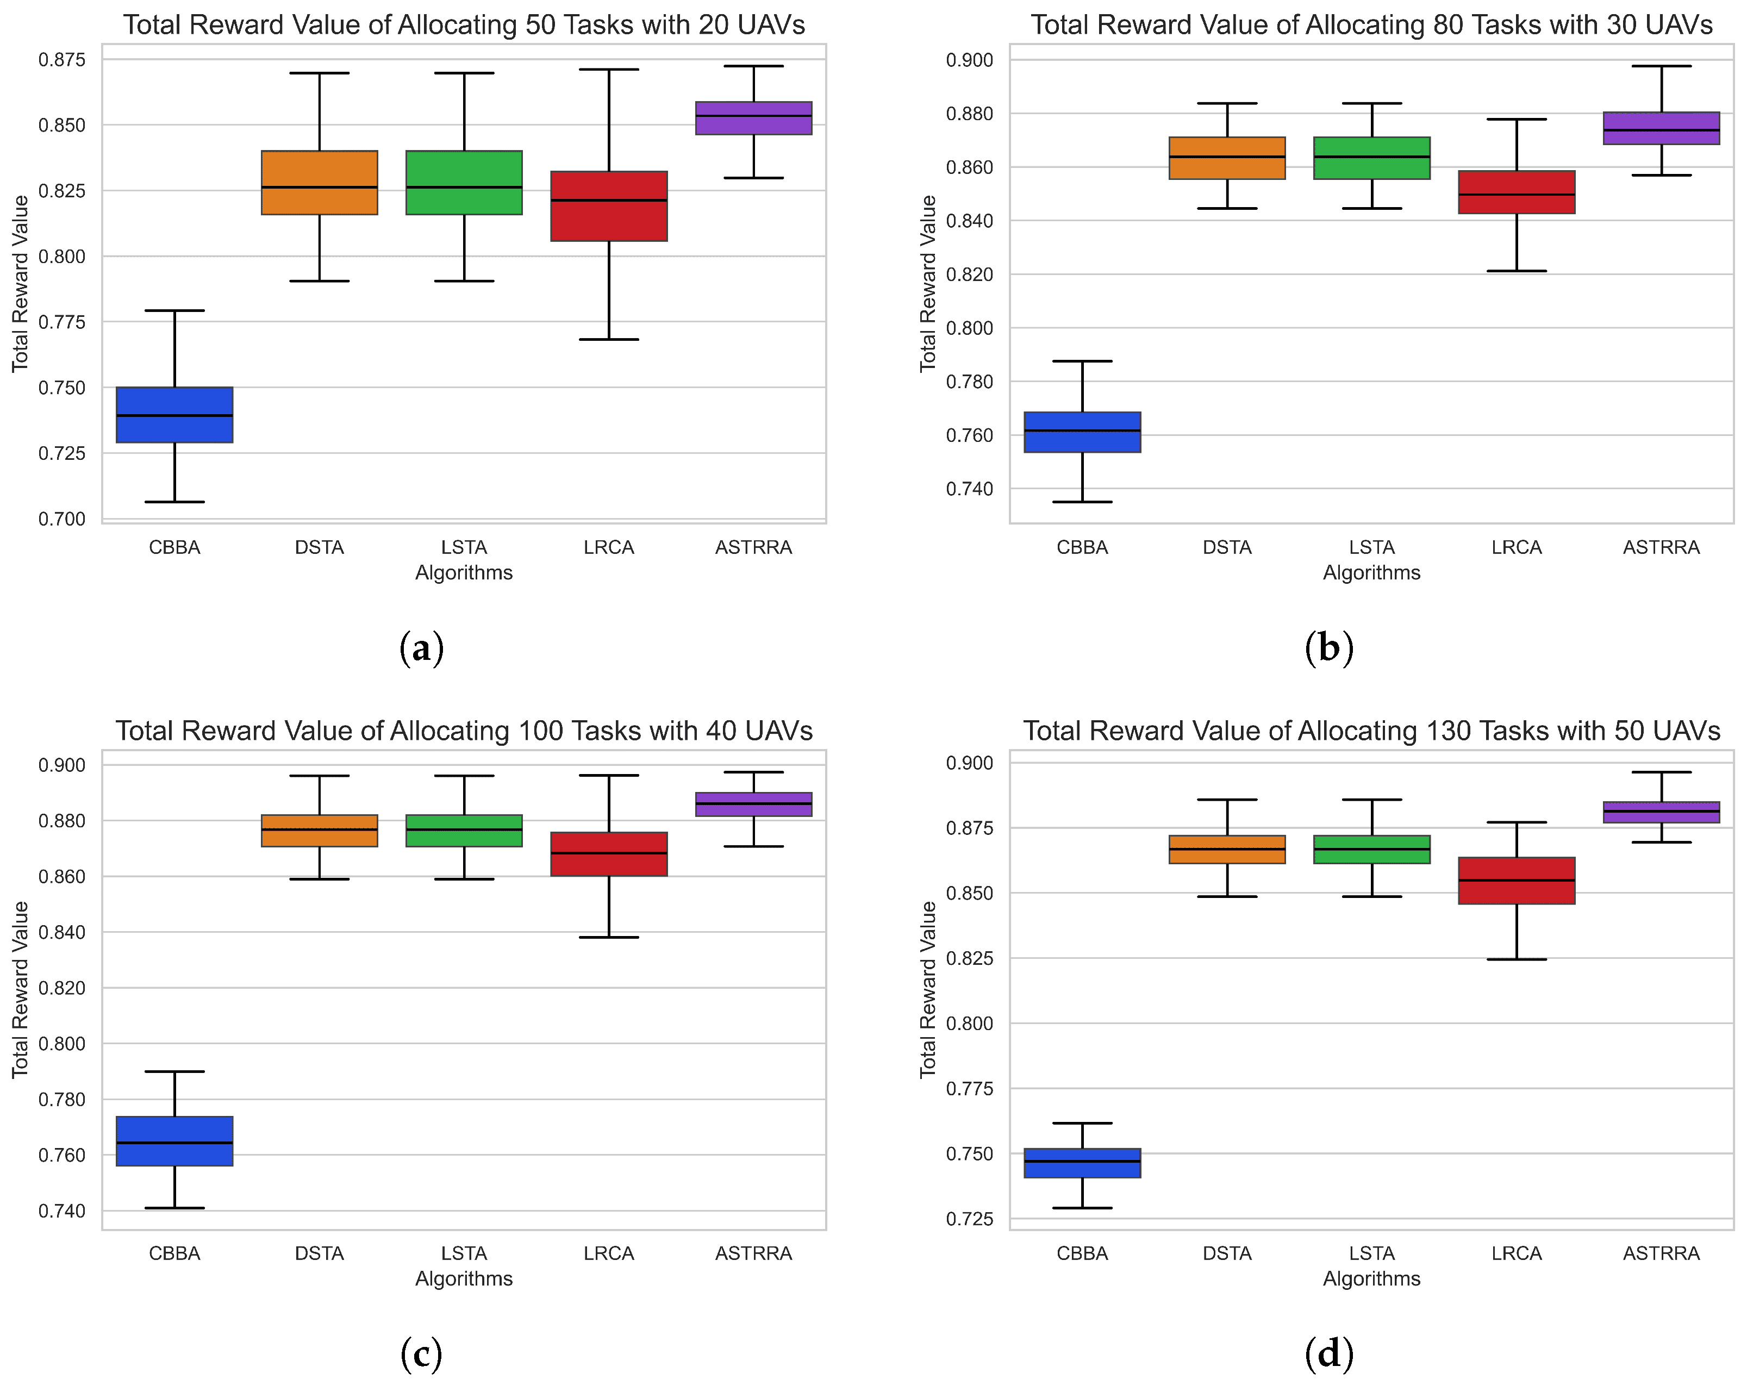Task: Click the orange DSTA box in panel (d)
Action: pyautogui.click(x=1227, y=849)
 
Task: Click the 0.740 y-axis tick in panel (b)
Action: pyautogui.click(x=969, y=489)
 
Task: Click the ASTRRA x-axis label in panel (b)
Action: pyautogui.click(x=1661, y=548)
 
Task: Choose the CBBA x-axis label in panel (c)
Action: pyautogui.click(x=174, y=1253)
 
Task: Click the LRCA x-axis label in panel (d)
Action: pyautogui.click(x=1516, y=1253)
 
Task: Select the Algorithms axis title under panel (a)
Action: pyautogui.click(x=464, y=573)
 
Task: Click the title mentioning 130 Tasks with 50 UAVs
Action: pyautogui.click(x=1371, y=731)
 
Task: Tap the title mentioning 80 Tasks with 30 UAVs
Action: pyautogui.click(x=1371, y=25)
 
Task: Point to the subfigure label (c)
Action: pyautogui.click(x=421, y=1353)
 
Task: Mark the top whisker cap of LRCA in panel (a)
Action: pyautogui.click(x=609, y=70)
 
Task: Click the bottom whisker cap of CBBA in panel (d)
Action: pyautogui.click(x=1082, y=1208)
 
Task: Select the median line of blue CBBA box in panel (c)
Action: pyautogui.click(x=174, y=1143)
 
